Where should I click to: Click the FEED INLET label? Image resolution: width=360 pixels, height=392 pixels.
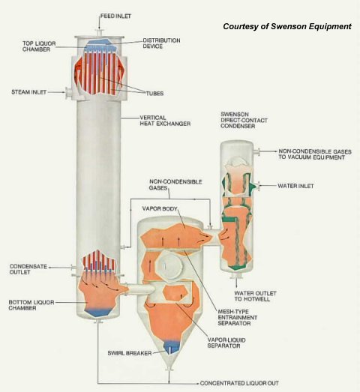(115, 16)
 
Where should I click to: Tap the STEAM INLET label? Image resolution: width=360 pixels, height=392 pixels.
(29, 92)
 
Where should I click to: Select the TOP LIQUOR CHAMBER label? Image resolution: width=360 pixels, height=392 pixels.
(39, 46)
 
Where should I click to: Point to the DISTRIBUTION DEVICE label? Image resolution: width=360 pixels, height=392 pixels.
(161, 43)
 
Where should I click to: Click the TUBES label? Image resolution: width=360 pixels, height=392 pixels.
(154, 94)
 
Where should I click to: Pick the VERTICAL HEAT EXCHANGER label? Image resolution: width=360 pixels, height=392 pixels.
(165, 121)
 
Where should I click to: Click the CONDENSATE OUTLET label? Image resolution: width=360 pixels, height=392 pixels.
(28, 269)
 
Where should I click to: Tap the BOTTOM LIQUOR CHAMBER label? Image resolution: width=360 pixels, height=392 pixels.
(31, 305)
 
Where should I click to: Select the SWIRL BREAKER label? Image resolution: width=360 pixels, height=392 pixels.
(130, 353)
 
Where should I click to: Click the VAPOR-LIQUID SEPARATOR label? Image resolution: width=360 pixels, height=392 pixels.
(226, 343)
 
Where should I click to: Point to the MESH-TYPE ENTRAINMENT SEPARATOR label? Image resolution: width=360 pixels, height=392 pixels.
(238, 317)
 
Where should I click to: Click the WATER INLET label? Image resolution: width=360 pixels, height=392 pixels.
(295, 186)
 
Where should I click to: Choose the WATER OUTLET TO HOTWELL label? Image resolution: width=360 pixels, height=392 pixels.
(255, 296)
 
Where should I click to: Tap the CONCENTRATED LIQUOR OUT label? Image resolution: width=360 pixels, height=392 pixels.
(239, 383)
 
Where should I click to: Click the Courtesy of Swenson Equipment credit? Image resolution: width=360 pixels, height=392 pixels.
(287, 26)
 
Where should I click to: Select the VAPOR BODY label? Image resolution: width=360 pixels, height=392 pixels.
(160, 208)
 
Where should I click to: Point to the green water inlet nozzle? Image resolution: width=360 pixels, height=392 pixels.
(254, 186)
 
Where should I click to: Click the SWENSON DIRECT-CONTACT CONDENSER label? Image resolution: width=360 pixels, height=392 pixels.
(244, 120)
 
